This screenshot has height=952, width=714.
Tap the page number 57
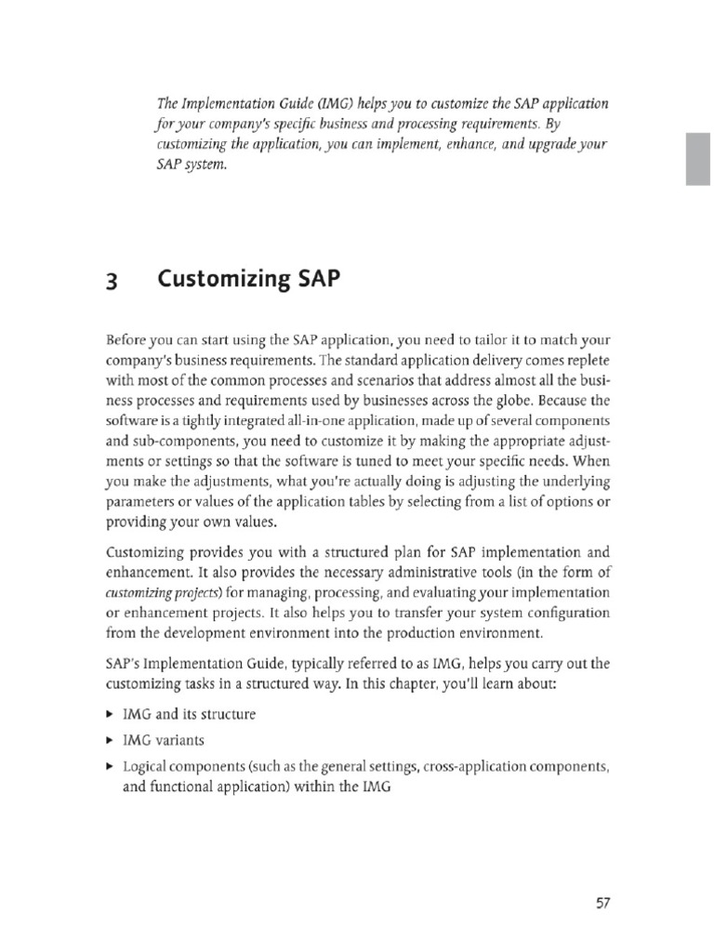point(600,903)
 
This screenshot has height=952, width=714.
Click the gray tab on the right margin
point(697,157)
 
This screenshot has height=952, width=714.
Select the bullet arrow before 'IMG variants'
point(110,741)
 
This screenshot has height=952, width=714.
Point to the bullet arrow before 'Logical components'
point(110,767)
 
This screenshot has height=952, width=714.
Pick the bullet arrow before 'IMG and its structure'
point(110,715)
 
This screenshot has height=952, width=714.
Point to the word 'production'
point(437,633)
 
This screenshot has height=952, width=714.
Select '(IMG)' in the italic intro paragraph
point(313,102)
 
